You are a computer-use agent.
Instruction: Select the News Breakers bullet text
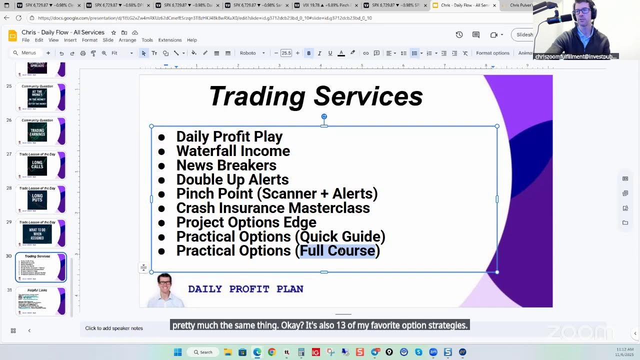[x=226, y=165]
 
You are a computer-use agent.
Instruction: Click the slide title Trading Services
[x=315, y=96]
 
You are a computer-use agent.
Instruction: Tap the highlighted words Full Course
[x=337, y=250]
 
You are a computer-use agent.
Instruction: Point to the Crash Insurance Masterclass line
[x=272, y=208]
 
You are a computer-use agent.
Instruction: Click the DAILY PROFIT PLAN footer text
[x=245, y=289]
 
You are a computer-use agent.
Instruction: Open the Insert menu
[x=70, y=40]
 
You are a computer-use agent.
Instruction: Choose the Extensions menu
[x=169, y=40]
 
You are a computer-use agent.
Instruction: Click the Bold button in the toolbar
[x=308, y=53]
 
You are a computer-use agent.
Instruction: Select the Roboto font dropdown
[x=252, y=53]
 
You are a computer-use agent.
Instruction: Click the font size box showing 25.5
[x=286, y=53]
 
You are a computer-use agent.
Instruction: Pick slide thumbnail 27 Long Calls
[x=41, y=165]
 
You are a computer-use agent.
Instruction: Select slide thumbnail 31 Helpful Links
[x=41, y=301]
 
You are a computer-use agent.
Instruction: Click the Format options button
[x=492, y=53]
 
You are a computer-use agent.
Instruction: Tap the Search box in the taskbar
[x=202, y=352]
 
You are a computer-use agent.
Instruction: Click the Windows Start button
[x=177, y=352]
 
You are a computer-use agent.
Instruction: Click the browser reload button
[x=18, y=18]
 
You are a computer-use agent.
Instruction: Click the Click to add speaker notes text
[x=114, y=328]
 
